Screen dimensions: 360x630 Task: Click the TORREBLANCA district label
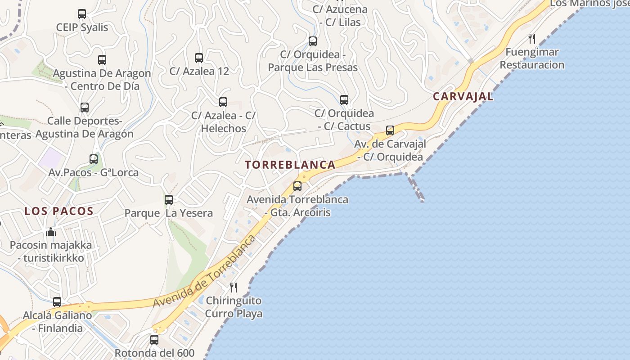pos(290,165)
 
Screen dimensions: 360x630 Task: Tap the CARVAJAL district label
pos(463,96)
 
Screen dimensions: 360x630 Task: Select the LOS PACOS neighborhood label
pos(59,211)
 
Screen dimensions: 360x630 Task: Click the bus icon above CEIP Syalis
pos(82,14)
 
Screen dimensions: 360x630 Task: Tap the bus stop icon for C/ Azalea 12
pos(199,58)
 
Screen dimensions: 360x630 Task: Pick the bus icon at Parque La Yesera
pos(169,199)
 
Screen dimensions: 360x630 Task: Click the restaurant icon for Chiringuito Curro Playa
pos(234,287)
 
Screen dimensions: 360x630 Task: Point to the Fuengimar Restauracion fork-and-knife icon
pos(532,38)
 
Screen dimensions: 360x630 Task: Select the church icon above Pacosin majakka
pos(51,232)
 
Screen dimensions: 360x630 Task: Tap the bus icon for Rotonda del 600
pos(154,339)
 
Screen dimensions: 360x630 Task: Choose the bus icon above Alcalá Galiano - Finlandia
pos(57,301)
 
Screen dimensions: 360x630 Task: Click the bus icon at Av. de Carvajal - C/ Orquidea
pos(390,130)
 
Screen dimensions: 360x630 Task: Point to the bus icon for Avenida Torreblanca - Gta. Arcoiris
pos(297,186)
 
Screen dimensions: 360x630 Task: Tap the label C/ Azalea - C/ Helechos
pos(224,122)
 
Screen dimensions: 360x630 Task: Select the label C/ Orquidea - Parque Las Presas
pos(313,61)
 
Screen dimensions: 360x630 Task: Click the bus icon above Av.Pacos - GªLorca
pos(94,159)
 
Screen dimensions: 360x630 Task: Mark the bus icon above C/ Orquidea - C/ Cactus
pos(344,100)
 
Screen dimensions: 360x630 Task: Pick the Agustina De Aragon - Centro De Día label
pos(102,80)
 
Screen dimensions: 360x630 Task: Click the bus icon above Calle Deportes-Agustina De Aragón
pos(85,108)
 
